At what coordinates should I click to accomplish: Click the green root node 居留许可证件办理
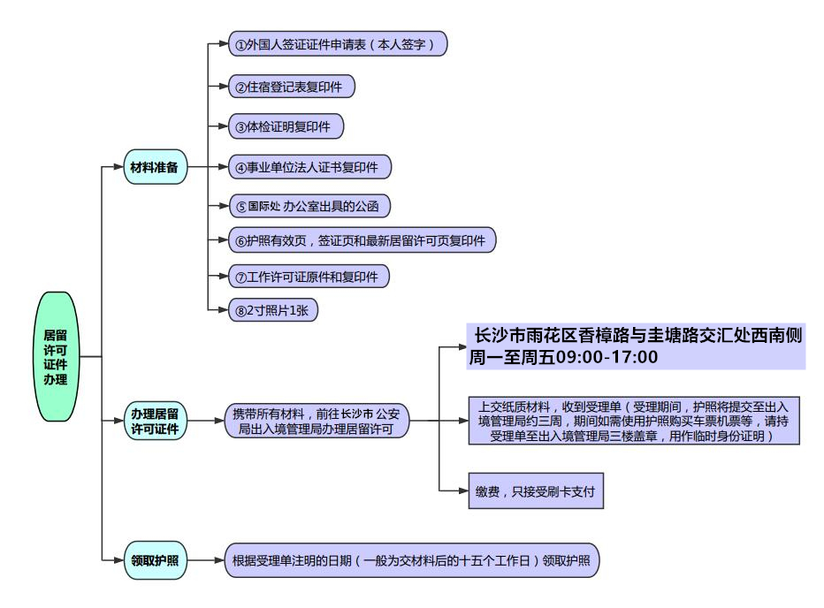[60, 356]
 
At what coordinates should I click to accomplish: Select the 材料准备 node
[155, 167]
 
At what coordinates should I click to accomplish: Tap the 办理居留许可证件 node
[155, 421]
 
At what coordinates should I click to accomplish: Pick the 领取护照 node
[155, 559]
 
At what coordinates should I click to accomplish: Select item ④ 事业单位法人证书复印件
[309, 166]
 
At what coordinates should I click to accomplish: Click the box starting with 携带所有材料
[317, 421]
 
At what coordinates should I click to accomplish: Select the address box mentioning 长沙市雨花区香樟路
[637, 336]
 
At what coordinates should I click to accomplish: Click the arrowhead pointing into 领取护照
[118, 559]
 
